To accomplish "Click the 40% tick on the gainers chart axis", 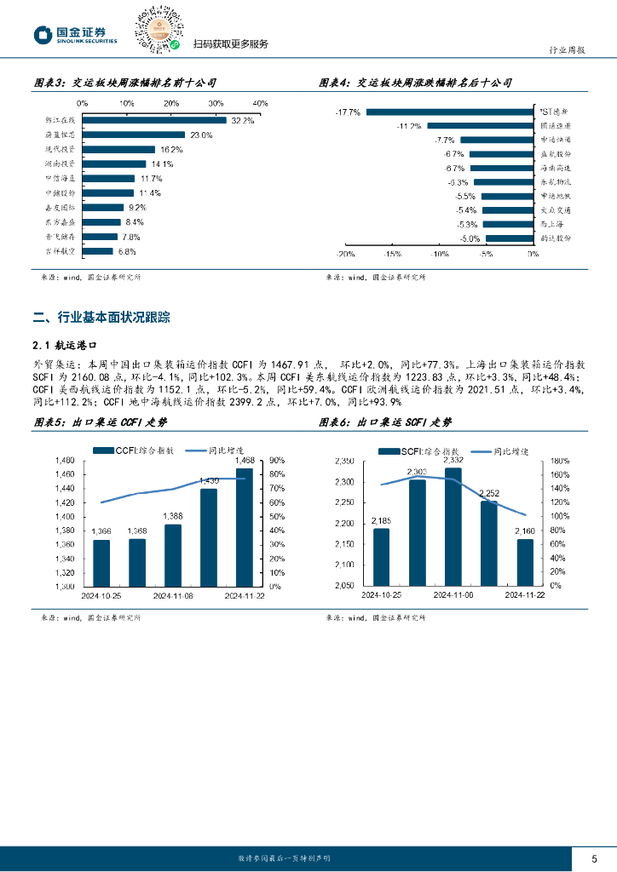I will pos(261,103).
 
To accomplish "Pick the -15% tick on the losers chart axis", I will pos(393,254).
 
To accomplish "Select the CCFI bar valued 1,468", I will pos(245,527).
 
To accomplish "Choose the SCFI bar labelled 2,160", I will pos(525,562).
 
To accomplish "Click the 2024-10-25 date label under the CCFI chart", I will pos(101,596).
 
